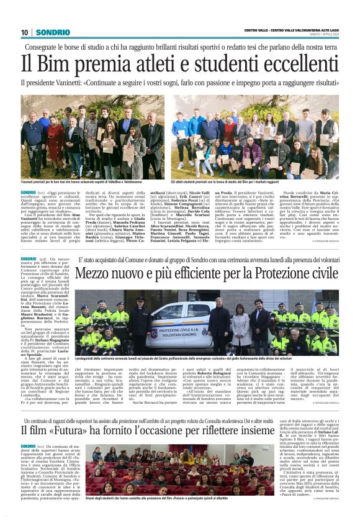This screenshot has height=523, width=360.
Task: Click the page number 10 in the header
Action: pos(25,32)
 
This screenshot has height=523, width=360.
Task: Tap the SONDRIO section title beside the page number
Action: pos(52,32)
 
